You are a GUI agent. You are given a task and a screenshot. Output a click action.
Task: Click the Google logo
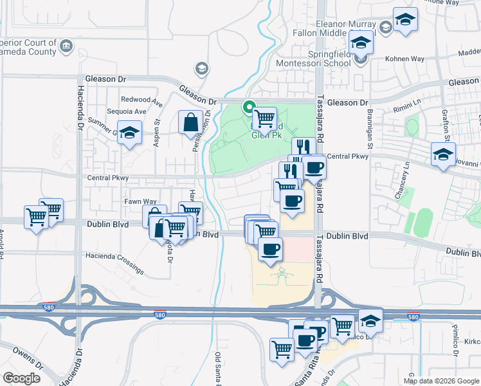22,378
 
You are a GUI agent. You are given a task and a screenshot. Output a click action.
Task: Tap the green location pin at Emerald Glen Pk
248,107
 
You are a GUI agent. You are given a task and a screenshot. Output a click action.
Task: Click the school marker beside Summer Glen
130,133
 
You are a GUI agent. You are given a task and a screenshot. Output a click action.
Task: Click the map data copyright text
441,381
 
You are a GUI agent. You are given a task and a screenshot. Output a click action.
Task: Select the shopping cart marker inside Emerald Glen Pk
264,119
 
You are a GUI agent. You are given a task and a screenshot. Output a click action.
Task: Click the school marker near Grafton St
442,154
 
